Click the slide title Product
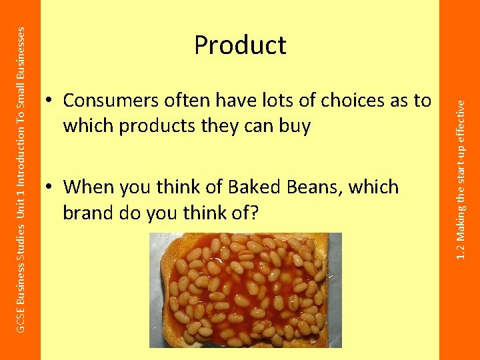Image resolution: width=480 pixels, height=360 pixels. pos(240,45)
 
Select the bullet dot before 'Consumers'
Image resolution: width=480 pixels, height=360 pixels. pos(50,101)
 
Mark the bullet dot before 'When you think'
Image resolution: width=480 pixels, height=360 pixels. pos(50,188)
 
